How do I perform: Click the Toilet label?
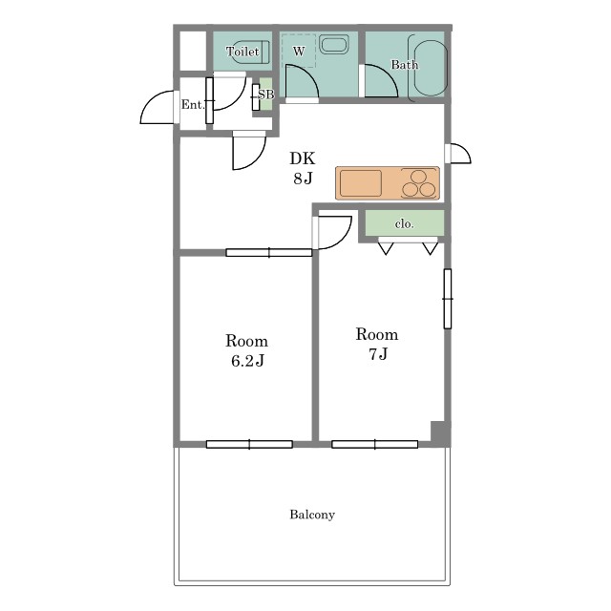(242, 52)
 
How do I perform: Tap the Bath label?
(405, 65)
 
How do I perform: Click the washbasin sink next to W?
(334, 44)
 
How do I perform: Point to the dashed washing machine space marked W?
(299, 51)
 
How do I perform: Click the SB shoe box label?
(266, 95)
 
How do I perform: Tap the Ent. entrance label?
(193, 104)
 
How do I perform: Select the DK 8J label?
(303, 168)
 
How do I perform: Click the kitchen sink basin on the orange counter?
(361, 182)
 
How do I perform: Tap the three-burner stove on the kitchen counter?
(418, 183)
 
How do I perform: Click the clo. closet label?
(404, 223)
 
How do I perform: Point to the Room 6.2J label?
(246, 350)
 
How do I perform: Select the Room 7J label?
(377, 344)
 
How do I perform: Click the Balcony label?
(312, 515)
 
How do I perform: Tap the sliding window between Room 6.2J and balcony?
(249, 444)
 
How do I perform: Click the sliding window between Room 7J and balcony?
(375, 444)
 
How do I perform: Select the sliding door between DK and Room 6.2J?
(269, 252)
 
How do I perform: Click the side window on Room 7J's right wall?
(448, 299)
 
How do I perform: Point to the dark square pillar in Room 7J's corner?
(439, 432)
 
